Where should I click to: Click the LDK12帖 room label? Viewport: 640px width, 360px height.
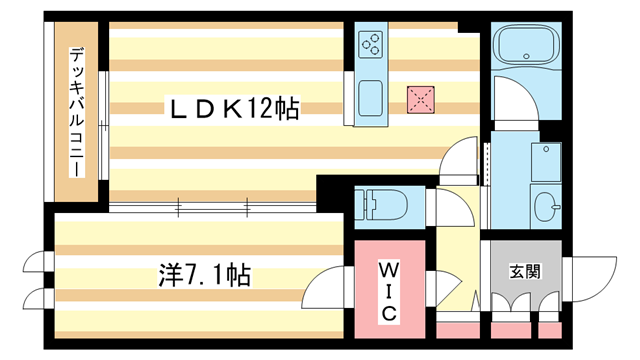pyautogui.click(x=234, y=108)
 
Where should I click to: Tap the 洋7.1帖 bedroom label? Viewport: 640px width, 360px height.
pyautogui.click(x=204, y=275)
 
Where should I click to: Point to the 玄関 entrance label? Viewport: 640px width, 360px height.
pyautogui.click(x=525, y=271)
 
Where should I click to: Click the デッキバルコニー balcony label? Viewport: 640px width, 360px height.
pyautogui.click(x=76, y=112)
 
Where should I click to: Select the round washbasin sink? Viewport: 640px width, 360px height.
pyautogui.click(x=546, y=207)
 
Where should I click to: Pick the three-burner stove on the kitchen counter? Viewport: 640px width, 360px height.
pyautogui.click(x=371, y=44)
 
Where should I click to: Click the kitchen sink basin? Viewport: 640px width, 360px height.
pyautogui.click(x=370, y=98)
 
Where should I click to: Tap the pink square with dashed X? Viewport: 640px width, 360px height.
pyautogui.click(x=420, y=100)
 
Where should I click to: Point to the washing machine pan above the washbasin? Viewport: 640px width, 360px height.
pyautogui.click(x=546, y=162)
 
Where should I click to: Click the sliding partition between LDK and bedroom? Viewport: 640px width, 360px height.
pyautogui.click(x=212, y=207)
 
